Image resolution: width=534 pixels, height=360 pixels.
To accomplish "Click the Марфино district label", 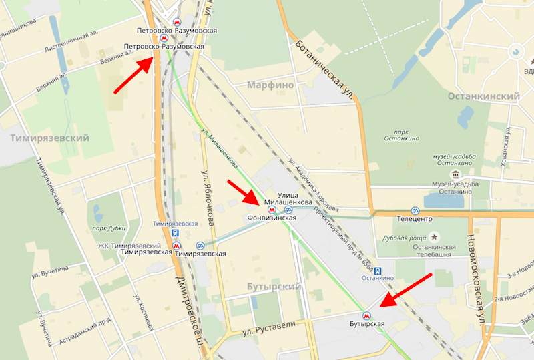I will pyautogui.click(x=270, y=85).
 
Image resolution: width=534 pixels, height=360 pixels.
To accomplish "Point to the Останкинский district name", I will pyautogui.click(x=483, y=96).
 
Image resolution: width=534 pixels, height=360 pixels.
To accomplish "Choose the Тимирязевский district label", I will pyautogui.click(x=50, y=137).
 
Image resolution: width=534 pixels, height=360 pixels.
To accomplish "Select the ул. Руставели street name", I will pyautogui.click(x=266, y=330).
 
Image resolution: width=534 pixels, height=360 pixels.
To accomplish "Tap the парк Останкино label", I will pyautogui.click(x=401, y=134).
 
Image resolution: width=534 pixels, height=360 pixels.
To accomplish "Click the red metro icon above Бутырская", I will pyautogui.click(x=365, y=315).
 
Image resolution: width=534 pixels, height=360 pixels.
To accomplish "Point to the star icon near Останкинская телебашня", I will pyautogui.click(x=435, y=237).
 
